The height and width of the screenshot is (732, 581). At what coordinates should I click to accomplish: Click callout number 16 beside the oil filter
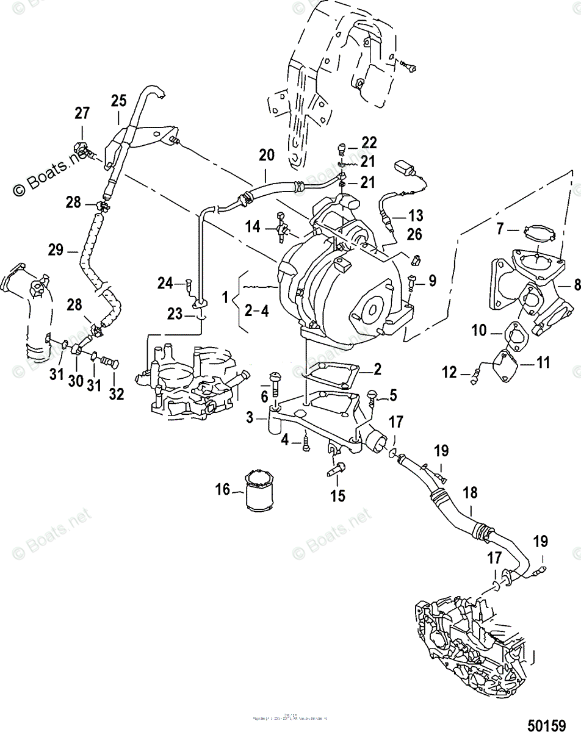pyautogui.click(x=223, y=489)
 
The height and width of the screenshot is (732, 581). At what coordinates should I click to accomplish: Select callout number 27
pyautogui.click(x=82, y=113)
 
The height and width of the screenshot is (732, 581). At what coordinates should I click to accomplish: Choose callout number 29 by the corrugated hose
pyautogui.click(x=56, y=249)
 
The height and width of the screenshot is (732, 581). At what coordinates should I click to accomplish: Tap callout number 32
pyautogui.click(x=116, y=393)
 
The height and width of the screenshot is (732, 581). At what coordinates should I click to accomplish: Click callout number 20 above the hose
pyautogui.click(x=266, y=156)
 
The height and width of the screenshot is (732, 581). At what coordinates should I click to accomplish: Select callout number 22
pyautogui.click(x=370, y=142)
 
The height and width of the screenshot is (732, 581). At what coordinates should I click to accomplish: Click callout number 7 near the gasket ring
pyautogui.click(x=500, y=230)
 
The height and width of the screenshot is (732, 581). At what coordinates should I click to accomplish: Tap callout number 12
pyautogui.click(x=449, y=371)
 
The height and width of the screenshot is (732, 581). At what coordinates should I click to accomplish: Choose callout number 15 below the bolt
pyautogui.click(x=337, y=495)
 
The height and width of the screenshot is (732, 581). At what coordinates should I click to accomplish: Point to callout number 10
pyautogui.click(x=480, y=331)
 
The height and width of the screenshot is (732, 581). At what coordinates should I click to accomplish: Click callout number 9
pyautogui.click(x=432, y=281)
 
